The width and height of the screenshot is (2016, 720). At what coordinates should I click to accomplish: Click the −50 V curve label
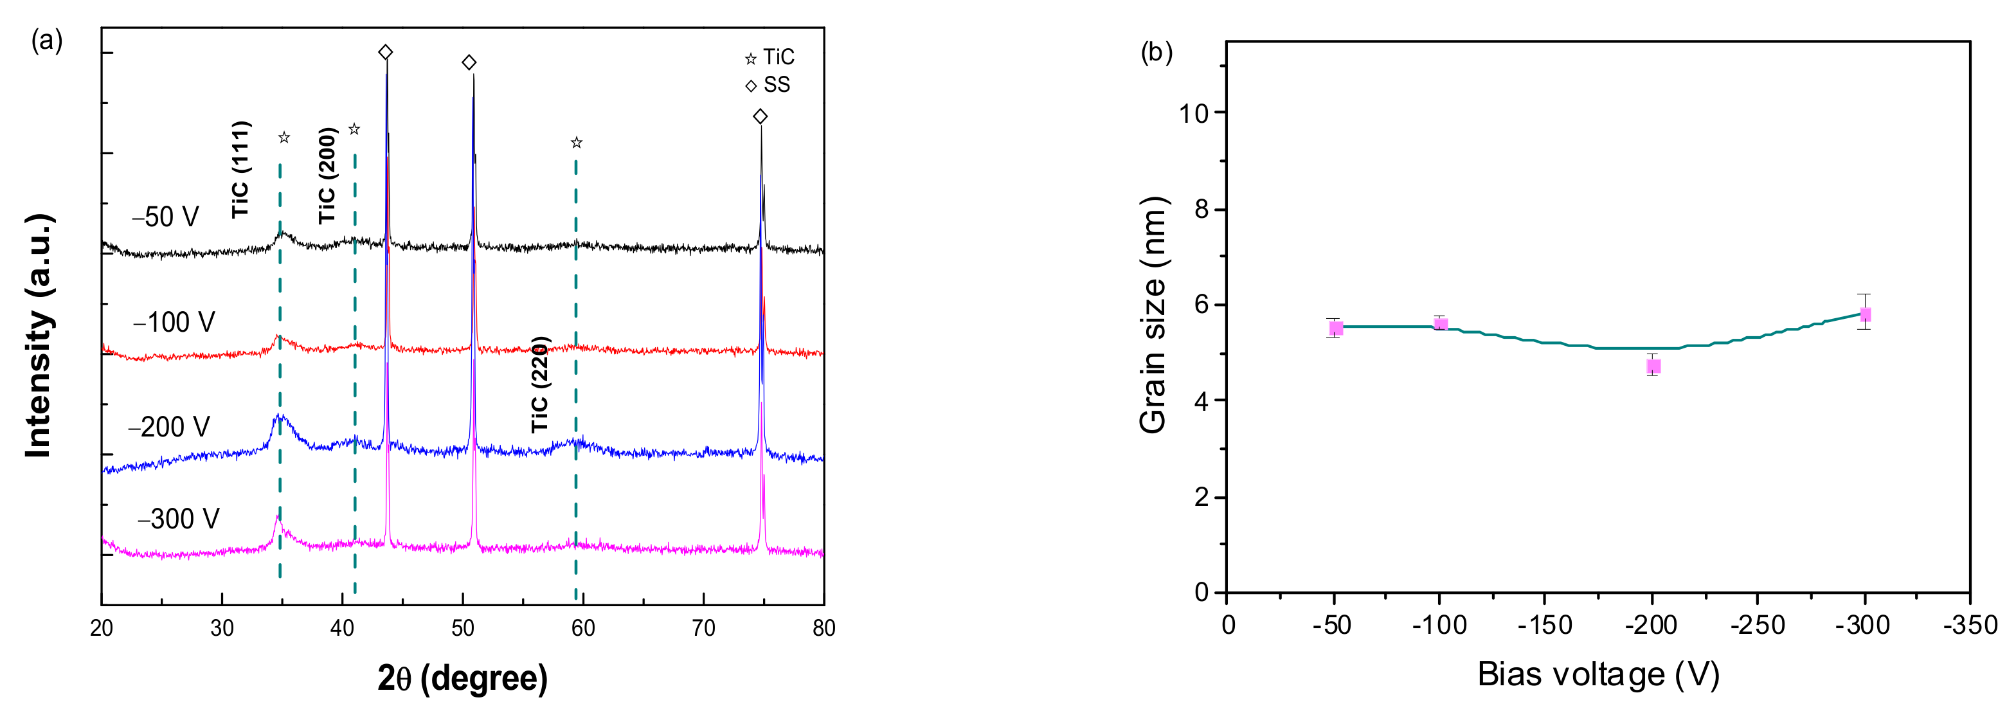(165, 217)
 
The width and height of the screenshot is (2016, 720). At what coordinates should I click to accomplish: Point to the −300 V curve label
(179, 519)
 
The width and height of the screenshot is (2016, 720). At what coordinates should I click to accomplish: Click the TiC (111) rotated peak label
(241, 170)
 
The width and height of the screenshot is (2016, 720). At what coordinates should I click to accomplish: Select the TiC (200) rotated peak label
(327, 176)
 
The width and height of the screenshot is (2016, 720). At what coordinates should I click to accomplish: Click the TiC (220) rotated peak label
(541, 384)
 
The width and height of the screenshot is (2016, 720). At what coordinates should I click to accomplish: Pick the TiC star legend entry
(770, 57)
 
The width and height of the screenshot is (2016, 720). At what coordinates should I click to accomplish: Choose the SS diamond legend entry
(768, 84)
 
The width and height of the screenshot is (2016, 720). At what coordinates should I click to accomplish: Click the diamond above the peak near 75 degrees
(760, 116)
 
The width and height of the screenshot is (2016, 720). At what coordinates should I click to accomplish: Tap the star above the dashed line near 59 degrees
(577, 143)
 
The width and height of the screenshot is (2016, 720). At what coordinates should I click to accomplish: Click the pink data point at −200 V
(1653, 366)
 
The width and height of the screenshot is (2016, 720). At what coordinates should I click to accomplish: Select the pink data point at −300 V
(1865, 314)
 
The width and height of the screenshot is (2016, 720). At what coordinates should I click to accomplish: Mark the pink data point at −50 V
(1336, 328)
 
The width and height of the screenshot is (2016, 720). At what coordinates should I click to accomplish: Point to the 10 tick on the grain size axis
(1194, 114)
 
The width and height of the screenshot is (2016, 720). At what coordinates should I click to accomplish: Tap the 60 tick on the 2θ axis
(583, 627)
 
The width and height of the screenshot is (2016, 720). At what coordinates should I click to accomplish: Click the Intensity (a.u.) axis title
(39, 335)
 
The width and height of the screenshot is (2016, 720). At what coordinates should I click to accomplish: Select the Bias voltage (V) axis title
(1598, 674)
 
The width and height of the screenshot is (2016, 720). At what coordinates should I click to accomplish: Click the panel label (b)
(1156, 53)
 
